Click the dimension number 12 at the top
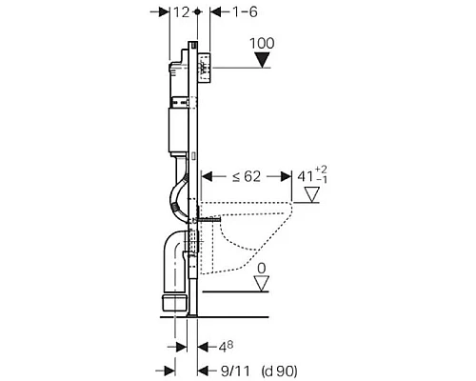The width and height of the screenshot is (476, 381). coord(179,11)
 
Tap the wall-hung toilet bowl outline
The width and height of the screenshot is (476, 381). coord(248,233)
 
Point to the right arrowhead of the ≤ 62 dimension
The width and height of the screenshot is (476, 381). coord(285,176)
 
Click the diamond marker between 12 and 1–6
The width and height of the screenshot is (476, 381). coord(196,11)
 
